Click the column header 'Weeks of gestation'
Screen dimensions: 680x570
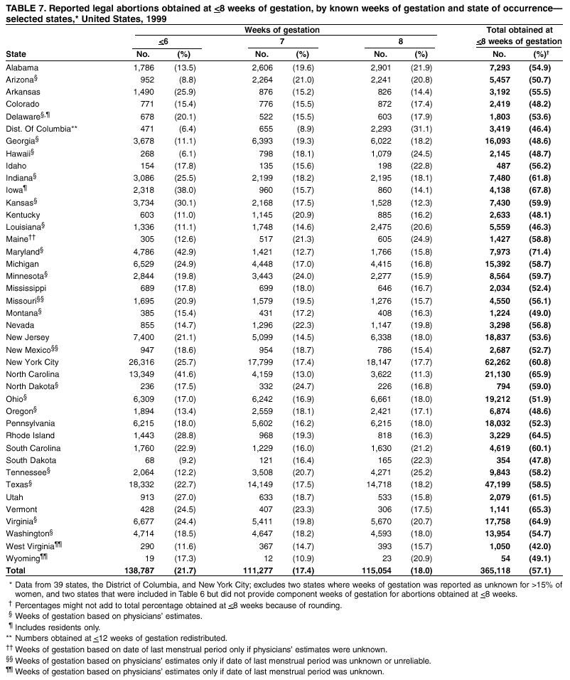(281, 30)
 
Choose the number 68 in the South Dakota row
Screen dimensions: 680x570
(149, 461)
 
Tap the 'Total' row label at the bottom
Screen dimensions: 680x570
(16, 571)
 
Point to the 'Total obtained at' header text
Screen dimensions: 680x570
(519, 30)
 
